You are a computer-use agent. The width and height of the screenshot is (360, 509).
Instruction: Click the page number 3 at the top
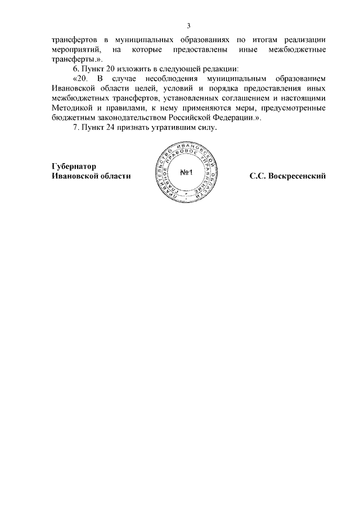pyautogui.click(x=189, y=25)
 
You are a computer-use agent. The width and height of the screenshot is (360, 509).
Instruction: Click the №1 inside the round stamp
pyautogui.click(x=187, y=173)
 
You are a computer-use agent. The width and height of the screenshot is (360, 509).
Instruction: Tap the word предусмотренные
pyautogui.click(x=290, y=109)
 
